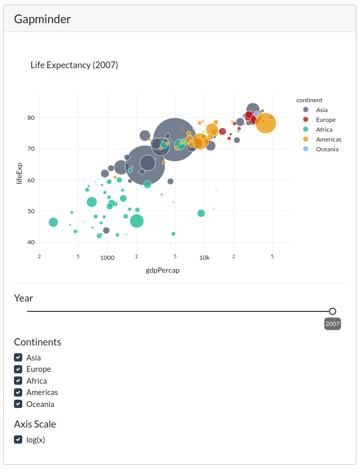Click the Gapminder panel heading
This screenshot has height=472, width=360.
coord(42,20)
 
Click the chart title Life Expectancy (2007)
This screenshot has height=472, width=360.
coord(74,65)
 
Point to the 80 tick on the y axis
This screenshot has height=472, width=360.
coord(31,118)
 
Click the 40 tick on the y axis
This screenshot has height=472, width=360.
coord(31,242)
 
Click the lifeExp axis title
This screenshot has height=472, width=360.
coord(20,174)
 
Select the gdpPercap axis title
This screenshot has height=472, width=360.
coord(163,270)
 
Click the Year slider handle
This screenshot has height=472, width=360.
coord(333,311)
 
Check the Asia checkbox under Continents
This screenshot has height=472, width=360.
coord(18,357)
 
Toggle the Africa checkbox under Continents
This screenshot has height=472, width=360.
coord(18,381)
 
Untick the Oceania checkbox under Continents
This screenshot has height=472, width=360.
coord(18,404)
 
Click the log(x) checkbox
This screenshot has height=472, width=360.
coord(18,440)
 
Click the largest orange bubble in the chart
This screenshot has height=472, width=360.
coord(265,123)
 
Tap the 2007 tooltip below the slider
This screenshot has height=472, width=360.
coord(333,324)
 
